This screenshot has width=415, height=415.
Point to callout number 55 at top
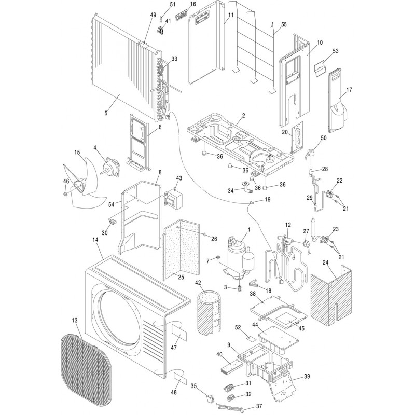click(283, 24)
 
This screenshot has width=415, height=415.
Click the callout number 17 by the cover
click(349, 90)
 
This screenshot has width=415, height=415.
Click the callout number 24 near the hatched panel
click(325, 262)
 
